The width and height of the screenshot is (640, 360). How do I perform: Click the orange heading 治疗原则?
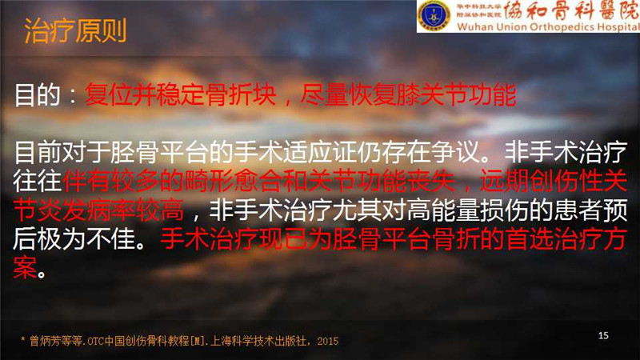click(75, 30)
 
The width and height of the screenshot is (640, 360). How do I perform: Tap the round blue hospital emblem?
click(433, 15)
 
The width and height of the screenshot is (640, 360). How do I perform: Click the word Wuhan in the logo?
click(472, 27)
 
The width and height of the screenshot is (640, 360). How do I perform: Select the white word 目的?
click(37, 95)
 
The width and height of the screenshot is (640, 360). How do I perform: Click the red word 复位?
click(109, 94)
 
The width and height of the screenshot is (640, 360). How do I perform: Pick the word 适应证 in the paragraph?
click(319, 152)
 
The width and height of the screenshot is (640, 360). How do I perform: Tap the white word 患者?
click(577, 210)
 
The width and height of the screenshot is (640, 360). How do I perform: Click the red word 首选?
click(528, 238)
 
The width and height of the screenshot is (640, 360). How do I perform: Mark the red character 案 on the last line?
click(25, 268)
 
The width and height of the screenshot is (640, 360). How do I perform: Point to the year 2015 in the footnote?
click(328, 341)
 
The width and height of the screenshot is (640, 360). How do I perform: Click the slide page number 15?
click(603, 335)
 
